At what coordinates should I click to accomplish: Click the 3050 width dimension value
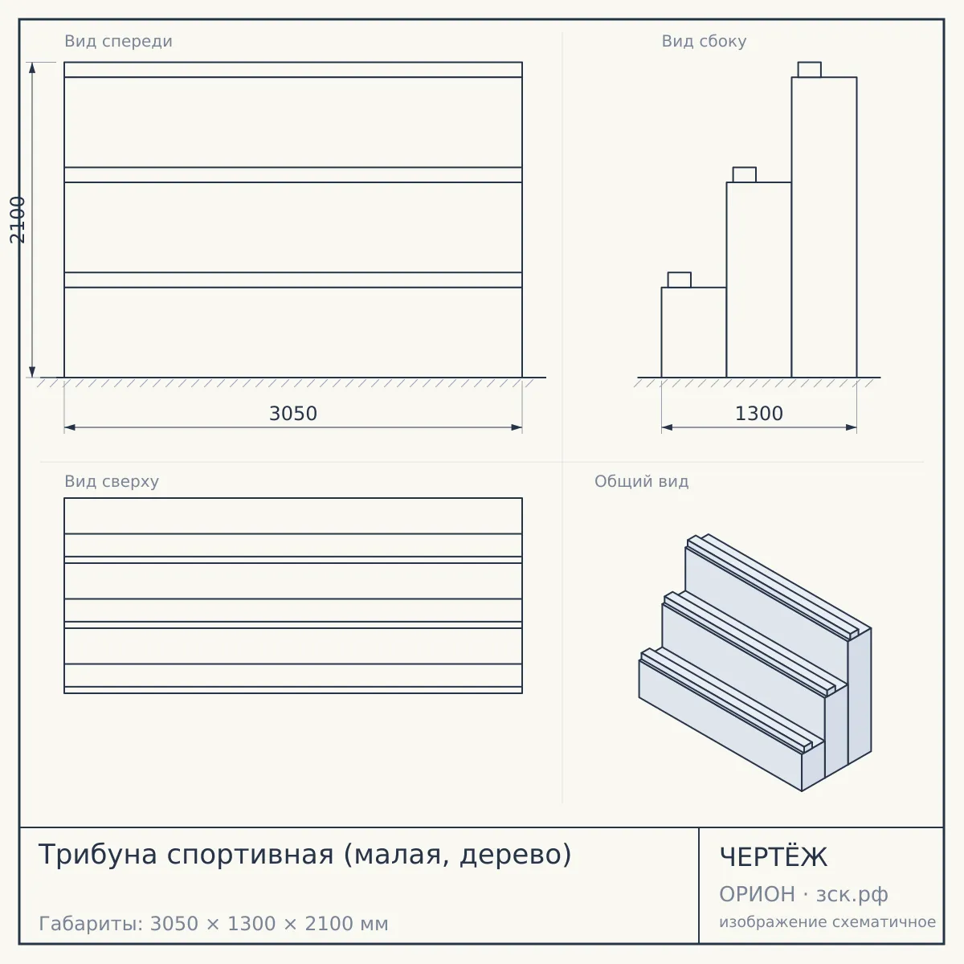(293, 414)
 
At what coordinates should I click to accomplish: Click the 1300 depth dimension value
(759, 414)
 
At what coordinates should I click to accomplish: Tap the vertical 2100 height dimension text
(17, 219)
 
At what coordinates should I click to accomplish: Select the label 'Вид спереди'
(119, 41)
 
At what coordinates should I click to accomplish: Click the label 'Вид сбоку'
(704, 41)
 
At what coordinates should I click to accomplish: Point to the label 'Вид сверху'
(112, 481)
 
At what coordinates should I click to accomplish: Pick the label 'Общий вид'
(641, 481)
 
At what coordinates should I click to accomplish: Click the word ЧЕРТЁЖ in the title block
(774, 857)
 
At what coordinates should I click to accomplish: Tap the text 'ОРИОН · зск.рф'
(803, 894)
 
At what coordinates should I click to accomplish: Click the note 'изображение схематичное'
(827, 921)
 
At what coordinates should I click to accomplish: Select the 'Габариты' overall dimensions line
(214, 924)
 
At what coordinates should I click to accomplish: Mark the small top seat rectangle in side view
(810, 70)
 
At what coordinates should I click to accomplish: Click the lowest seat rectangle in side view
(680, 280)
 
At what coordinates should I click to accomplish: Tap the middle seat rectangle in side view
(745, 174)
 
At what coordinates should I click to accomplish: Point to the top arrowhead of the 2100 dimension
(32, 67)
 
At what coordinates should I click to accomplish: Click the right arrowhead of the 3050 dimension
(517, 427)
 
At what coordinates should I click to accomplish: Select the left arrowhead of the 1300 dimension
(667, 427)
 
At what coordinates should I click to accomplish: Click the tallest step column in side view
(824, 227)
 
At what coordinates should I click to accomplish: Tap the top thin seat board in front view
(293, 70)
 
